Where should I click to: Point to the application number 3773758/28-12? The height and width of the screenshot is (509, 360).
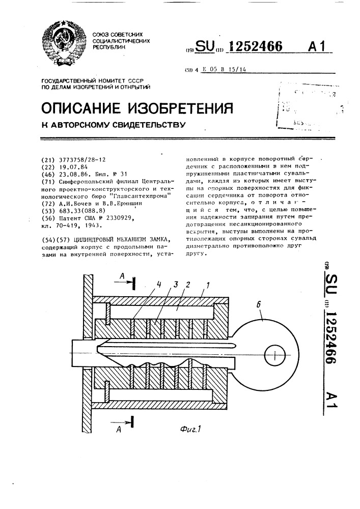81,159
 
